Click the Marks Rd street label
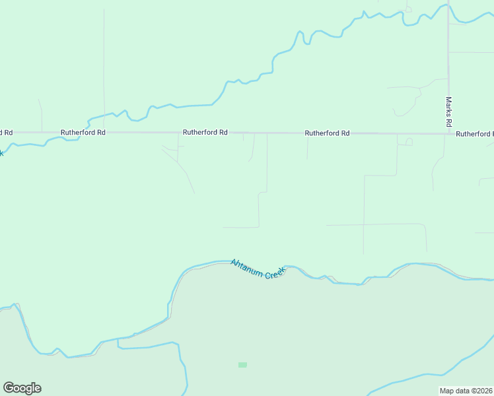click(x=448, y=112)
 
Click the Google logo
click(x=22, y=388)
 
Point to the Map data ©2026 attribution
click(x=466, y=391)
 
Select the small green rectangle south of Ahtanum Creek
click(x=242, y=364)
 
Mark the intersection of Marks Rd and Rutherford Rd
click(x=448, y=134)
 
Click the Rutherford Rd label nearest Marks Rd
click(x=474, y=134)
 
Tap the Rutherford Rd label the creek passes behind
click(x=83, y=132)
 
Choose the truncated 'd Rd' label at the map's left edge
click(x=6, y=132)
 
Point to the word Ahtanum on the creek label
click(x=246, y=265)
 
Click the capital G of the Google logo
click(x=9, y=388)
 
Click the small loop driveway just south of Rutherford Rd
click(x=409, y=141)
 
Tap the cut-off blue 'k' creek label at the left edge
click(x=1, y=153)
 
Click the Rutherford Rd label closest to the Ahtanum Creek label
click(x=205, y=132)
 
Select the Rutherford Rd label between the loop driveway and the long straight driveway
click(x=327, y=133)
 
